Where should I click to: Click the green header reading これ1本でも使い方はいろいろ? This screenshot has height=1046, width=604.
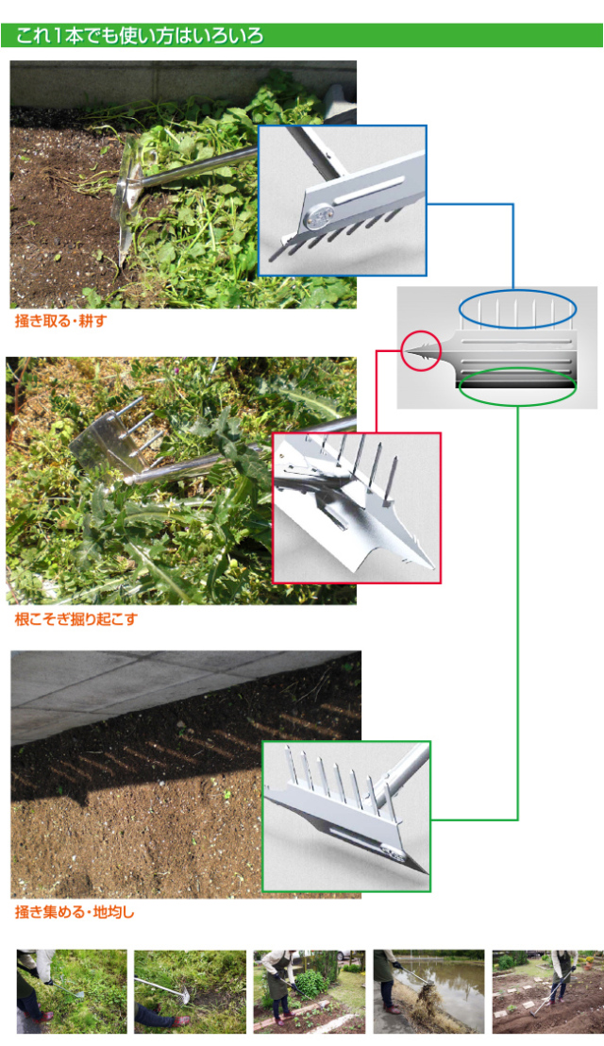(301, 35)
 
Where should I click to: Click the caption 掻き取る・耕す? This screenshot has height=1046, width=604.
(60, 321)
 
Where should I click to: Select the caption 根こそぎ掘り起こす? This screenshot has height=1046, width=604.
(75, 618)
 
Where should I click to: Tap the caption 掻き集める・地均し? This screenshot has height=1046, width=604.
(75, 912)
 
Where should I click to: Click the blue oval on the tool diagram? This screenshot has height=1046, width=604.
(517, 291)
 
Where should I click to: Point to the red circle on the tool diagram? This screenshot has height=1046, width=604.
(421, 330)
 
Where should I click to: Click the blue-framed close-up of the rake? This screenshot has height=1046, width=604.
(343, 201)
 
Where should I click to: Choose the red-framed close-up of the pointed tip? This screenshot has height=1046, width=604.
(357, 508)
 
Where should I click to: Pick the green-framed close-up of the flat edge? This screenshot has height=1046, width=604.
(346, 816)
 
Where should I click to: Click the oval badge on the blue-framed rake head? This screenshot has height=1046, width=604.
(317, 215)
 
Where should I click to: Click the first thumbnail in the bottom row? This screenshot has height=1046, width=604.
(72, 991)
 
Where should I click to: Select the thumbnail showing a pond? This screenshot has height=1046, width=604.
(428, 991)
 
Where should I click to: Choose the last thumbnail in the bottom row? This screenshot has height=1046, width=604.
(547, 991)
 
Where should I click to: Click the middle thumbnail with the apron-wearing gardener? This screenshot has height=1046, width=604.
(310, 991)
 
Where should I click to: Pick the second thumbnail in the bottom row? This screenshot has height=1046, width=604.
(190, 991)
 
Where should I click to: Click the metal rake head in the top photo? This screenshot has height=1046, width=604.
(128, 200)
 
